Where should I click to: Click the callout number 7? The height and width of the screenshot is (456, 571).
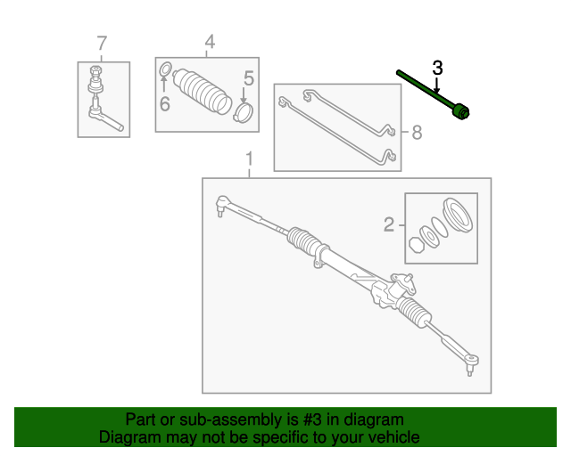coord(102,43)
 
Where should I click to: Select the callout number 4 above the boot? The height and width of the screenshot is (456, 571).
coord(210,42)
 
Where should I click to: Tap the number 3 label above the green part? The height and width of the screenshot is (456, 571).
coord(437,68)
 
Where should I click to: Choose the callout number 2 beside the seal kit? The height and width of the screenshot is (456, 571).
coord(389,224)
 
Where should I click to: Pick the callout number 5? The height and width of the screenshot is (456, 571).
coord(249,79)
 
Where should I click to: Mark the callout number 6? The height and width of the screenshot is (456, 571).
coord(165,104)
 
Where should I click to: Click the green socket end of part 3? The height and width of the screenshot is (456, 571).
coord(462,112)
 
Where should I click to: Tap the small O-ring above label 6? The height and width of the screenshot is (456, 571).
coord(165,69)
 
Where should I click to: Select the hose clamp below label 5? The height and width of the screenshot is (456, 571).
coord(244,112)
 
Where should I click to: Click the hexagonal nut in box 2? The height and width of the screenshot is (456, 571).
coord(416,245)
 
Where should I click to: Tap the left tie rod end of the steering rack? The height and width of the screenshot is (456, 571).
coord(223,207)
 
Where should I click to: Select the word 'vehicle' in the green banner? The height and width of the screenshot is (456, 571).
coord(392,437)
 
